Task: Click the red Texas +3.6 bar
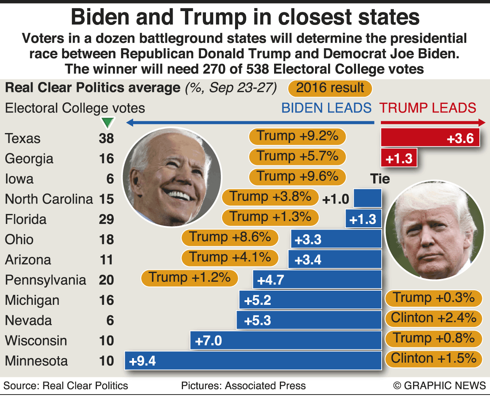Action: [430, 137]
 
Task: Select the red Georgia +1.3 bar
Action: [399, 158]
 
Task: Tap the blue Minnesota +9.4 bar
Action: [253, 360]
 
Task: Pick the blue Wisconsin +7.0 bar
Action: [286, 340]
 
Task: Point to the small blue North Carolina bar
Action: [367, 198]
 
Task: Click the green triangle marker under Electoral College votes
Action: [108, 123]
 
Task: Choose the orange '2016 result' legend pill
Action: [330, 88]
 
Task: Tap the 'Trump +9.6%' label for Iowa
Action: [297, 176]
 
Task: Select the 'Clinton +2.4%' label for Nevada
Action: [433, 318]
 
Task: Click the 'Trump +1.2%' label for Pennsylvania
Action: [189, 278]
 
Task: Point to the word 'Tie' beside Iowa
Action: [380, 179]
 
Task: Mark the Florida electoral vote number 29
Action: [106, 219]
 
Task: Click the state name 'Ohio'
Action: [19, 240]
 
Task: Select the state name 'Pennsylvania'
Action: [45, 280]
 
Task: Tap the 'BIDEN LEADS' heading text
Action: [326, 108]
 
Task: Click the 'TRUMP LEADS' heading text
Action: [428, 108]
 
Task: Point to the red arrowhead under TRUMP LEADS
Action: [482, 123]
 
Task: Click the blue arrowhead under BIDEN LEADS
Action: [129, 123]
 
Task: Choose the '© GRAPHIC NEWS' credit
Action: [439, 385]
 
